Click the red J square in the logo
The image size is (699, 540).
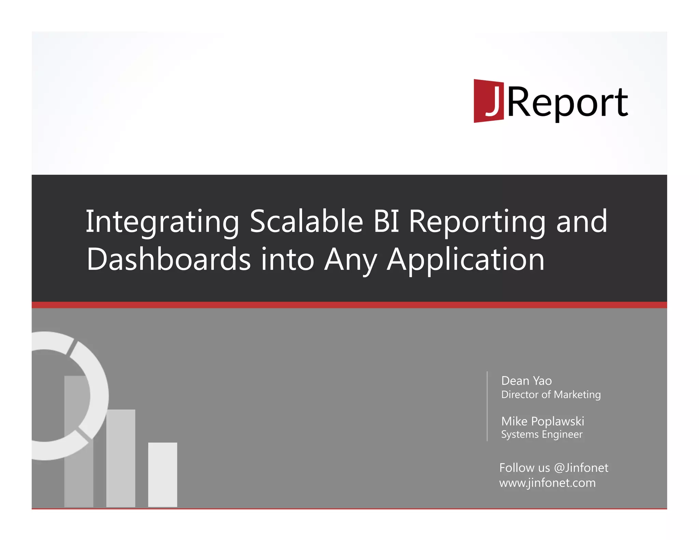click(x=488, y=101)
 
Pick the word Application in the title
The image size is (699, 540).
click(x=466, y=260)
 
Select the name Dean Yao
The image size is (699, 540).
click(x=526, y=381)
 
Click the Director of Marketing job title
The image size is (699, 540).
click(x=551, y=395)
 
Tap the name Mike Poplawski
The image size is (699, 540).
click(x=542, y=421)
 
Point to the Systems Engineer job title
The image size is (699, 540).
click(x=542, y=435)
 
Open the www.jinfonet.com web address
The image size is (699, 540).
click(x=547, y=483)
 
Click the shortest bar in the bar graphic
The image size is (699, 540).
click(x=162, y=474)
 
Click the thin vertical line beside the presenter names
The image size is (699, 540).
click(x=487, y=406)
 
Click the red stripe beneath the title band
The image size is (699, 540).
click(x=349, y=305)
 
